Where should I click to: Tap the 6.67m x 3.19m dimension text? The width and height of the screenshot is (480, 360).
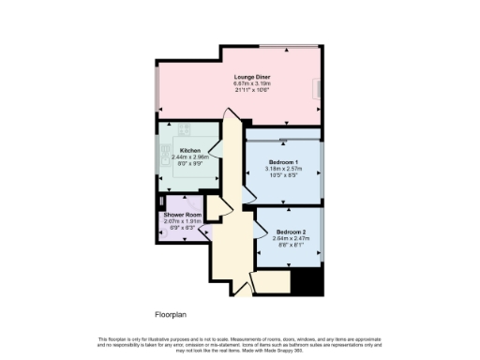click(x=251, y=85)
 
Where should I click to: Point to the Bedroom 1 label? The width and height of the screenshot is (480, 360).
click(x=282, y=160)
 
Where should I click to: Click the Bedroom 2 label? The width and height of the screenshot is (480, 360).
click(x=291, y=231)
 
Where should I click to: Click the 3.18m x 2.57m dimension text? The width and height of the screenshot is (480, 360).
click(x=282, y=167)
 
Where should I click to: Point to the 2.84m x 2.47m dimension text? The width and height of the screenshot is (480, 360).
click(x=291, y=237)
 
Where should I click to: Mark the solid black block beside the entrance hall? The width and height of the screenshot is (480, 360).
click(x=307, y=280)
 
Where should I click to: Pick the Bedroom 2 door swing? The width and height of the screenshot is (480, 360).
click(x=258, y=232)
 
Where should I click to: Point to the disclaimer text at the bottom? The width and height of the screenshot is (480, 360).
click(x=240, y=343)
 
